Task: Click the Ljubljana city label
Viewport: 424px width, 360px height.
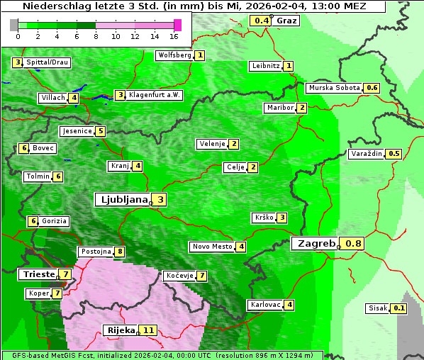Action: tap(122, 200)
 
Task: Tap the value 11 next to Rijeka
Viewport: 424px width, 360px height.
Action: tap(148, 330)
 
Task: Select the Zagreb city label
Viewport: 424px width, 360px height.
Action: tap(315, 244)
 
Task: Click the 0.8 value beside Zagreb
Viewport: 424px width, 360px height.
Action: tap(353, 244)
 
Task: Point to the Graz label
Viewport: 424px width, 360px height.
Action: tap(286, 21)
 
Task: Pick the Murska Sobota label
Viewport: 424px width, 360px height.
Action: tap(334, 88)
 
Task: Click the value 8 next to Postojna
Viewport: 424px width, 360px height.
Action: tap(120, 252)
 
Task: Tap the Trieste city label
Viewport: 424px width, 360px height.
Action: tap(38, 274)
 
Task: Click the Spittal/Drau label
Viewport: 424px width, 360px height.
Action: tap(47, 62)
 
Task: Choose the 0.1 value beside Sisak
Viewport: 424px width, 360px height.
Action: tap(399, 308)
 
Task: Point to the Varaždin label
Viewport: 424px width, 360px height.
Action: tap(367, 154)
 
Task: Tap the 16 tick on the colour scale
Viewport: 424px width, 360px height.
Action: tap(174, 35)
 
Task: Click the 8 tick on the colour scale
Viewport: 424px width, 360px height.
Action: tap(96, 35)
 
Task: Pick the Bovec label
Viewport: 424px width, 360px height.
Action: tap(43, 148)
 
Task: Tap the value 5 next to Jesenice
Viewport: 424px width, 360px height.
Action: tap(101, 131)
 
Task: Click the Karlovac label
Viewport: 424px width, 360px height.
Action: tap(265, 305)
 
